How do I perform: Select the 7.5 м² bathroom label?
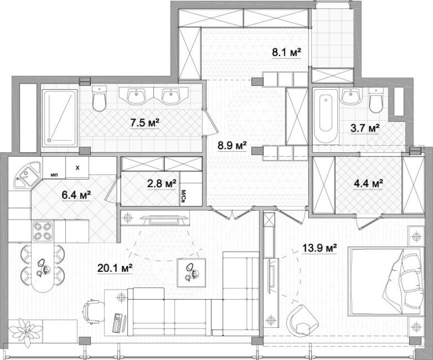tap(145, 122)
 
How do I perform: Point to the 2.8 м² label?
tap(162, 183)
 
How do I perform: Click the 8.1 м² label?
tap(286, 52)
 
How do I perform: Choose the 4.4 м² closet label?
tap(368, 183)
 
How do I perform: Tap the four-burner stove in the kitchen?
tap(43, 231)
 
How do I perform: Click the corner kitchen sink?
tap(27, 175)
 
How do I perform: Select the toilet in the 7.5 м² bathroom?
tap(99, 98)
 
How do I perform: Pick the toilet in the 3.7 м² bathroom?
tap(376, 100)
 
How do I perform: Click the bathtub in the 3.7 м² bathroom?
tap(326, 116)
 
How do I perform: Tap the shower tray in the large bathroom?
tap(59, 117)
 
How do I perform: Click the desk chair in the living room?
tap(94, 311)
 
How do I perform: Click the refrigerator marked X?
tap(77, 168)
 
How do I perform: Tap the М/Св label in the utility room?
tap(183, 196)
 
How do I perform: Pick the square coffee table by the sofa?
tap(191, 273)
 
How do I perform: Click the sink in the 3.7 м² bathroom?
tap(351, 96)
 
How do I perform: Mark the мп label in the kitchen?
tap(54, 175)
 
